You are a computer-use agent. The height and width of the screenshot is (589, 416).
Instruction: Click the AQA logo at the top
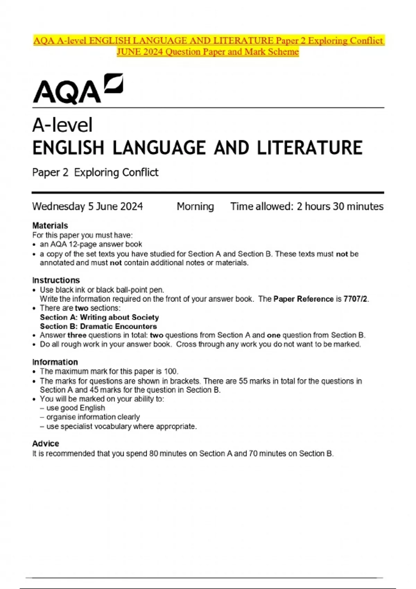78,89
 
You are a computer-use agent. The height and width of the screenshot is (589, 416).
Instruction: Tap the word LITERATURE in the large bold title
310,148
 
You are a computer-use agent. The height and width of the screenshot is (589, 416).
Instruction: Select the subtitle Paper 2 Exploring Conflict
95,172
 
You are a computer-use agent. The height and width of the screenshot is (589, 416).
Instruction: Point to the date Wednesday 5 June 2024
87,206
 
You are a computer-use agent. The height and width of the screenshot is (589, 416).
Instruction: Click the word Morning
195,206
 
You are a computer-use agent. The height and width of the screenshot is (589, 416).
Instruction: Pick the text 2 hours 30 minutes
340,206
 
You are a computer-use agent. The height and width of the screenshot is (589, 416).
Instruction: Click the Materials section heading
50,226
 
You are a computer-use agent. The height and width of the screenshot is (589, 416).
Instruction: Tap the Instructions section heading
56,280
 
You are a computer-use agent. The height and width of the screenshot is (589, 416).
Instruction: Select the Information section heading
55,362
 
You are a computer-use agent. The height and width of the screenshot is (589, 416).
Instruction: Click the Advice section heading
45,443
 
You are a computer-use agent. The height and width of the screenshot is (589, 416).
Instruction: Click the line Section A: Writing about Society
99,317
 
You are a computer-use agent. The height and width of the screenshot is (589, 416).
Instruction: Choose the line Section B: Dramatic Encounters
98,326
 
